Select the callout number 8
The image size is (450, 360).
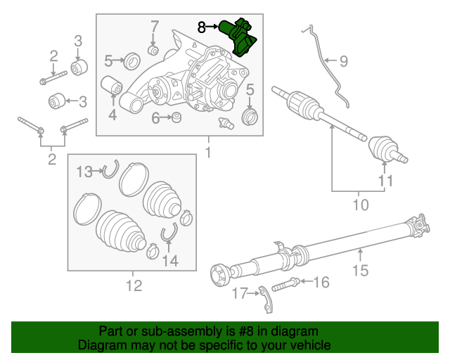point(202,27)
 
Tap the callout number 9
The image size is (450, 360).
point(343,61)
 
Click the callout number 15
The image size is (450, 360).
point(360,269)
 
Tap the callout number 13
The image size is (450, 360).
point(84,171)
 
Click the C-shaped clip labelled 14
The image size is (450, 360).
point(169,235)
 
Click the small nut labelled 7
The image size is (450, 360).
point(154,49)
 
